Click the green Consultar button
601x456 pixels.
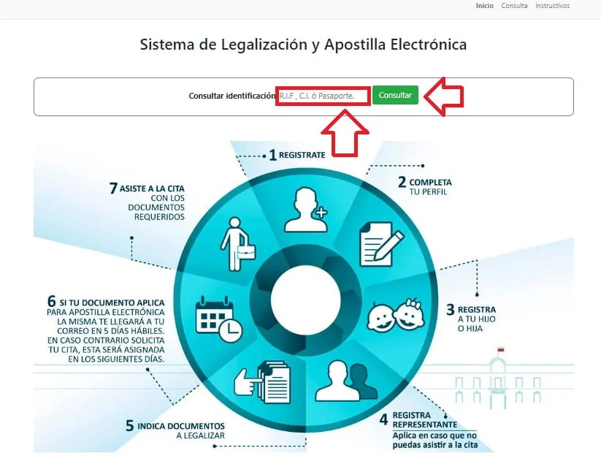coord(395,95)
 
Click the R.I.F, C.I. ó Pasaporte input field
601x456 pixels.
coord(323,96)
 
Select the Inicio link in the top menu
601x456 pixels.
coord(484,6)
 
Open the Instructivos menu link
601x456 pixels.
coord(552,6)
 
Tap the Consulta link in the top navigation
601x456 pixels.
coord(514,6)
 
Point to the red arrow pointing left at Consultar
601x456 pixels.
coord(444,96)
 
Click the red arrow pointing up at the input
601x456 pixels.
coord(345,133)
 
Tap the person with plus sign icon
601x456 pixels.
coord(306,210)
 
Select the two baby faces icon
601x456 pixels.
coord(396,315)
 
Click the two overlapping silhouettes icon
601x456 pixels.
coord(346,381)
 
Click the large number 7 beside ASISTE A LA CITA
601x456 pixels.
coord(113,189)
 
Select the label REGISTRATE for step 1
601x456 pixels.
coord(302,155)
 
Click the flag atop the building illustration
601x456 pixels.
coord(500,349)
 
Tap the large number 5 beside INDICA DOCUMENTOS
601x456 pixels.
coord(129,426)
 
